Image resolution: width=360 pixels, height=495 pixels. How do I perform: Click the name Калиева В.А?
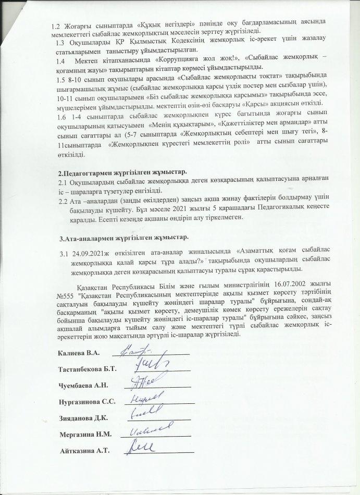coord(81,354)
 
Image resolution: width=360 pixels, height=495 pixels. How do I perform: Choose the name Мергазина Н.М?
coord(85,434)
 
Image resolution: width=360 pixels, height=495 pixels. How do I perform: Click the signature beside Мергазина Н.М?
coord(151,430)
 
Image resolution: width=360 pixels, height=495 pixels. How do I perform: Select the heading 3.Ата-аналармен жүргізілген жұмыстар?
coord(122,238)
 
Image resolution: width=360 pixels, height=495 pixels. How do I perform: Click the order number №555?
coord(64,295)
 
